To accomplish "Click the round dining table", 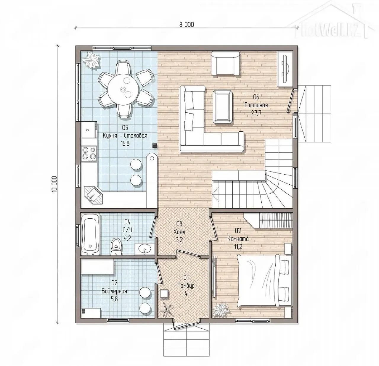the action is pyautogui.click(x=123, y=90).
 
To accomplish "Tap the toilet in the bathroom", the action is pyautogui.click(x=116, y=246).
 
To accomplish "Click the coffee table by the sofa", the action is pyautogui.click(x=222, y=107).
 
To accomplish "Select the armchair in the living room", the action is pyautogui.click(x=225, y=63).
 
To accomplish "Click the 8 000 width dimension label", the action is pyautogui.click(x=186, y=25).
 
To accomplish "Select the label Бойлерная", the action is pyautogui.click(x=114, y=291).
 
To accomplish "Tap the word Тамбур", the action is pyautogui.click(x=186, y=286).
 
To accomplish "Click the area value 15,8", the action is pyautogui.click(x=125, y=144).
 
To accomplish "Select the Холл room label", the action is pyautogui.click(x=179, y=232).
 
